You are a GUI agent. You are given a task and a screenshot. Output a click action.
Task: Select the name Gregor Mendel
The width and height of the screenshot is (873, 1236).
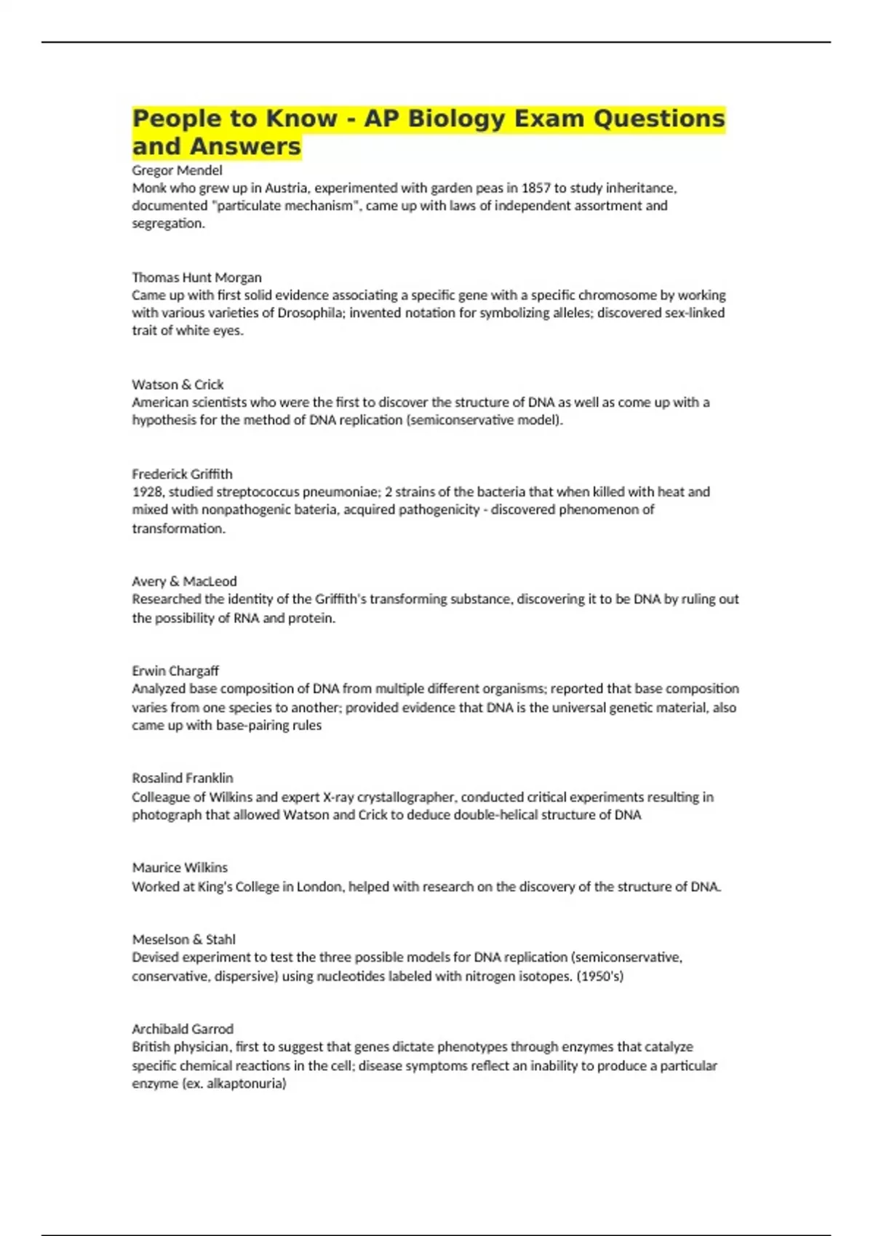coord(177,170)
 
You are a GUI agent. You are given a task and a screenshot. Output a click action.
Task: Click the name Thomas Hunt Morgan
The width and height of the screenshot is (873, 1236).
coord(196,277)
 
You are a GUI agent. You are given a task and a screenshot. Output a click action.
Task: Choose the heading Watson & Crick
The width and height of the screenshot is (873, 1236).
coord(178,384)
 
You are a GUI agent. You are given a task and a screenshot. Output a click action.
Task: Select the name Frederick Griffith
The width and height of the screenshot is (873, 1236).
coord(182,474)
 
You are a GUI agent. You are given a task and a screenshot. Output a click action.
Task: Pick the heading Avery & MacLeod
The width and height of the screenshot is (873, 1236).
coord(184,581)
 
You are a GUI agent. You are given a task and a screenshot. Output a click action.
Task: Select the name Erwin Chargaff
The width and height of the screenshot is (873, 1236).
coord(175,670)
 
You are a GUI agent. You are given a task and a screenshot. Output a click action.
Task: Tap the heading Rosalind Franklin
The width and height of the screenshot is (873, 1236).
coord(183,778)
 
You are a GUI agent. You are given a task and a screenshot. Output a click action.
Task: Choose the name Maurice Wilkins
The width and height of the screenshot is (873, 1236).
coord(180,867)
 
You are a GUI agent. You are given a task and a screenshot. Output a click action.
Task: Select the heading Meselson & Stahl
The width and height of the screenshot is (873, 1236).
coord(183,939)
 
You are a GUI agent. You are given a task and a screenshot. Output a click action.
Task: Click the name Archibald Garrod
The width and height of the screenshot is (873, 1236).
coord(183,1029)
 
